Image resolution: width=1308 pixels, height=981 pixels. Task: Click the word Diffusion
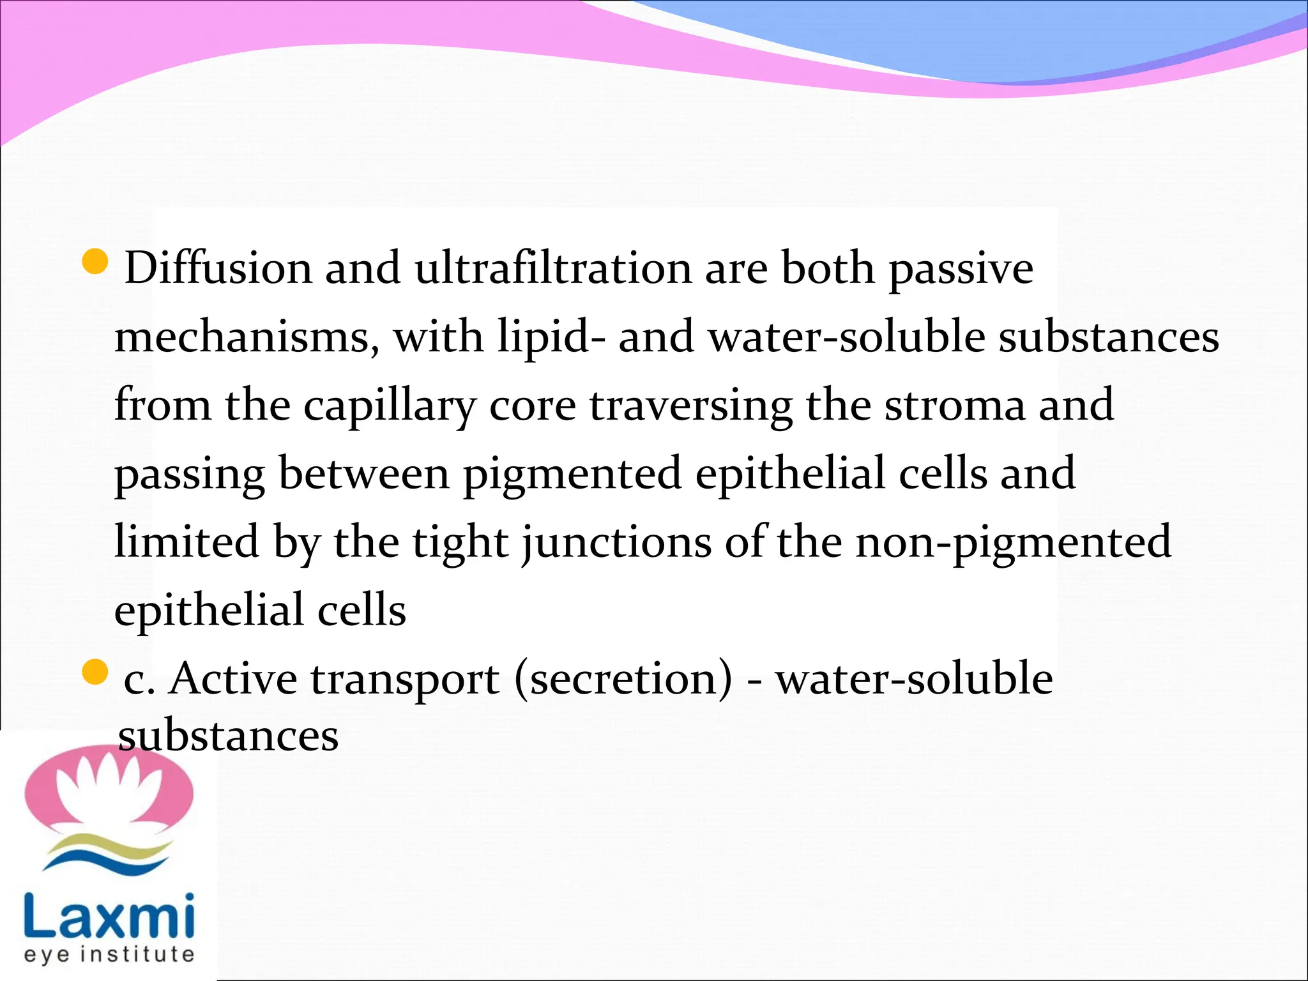(x=217, y=268)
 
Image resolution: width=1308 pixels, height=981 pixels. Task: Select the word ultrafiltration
(x=553, y=268)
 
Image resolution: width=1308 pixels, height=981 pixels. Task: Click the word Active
(x=234, y=678)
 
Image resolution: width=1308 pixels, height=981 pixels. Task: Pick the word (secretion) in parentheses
(x=623, y=680)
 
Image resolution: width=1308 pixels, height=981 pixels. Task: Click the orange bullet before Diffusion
(x=96, y=262)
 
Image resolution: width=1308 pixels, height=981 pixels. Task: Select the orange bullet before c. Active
(x=96, y=673)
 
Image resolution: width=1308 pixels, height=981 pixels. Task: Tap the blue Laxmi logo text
(x=109, y=915)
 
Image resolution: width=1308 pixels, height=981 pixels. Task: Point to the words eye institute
(x=109, y=955)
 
